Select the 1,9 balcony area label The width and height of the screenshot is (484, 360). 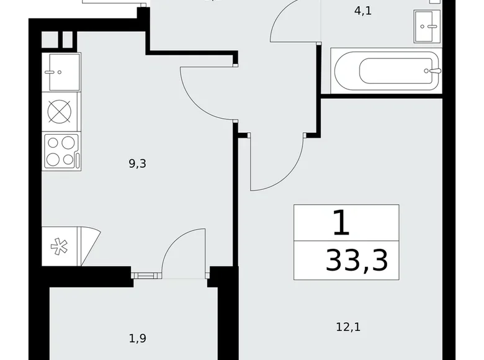coord(138,338)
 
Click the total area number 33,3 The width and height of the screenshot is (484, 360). coord(356,261)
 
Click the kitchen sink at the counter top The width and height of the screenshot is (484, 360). coord(61,71)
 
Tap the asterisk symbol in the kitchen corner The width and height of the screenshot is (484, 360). coord(60,246)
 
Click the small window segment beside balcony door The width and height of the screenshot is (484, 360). coord(146,272)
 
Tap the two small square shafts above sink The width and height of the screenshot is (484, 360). coord(59,39)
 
